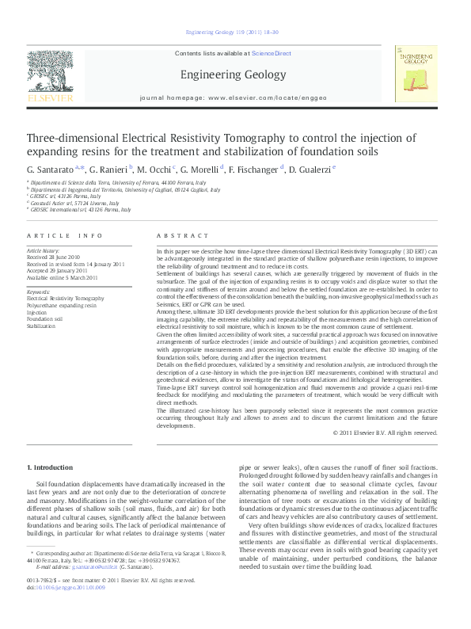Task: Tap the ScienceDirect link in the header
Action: click(272, 54)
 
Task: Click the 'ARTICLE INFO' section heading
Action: click(65, 236)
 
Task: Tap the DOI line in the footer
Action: click(59, 610)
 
